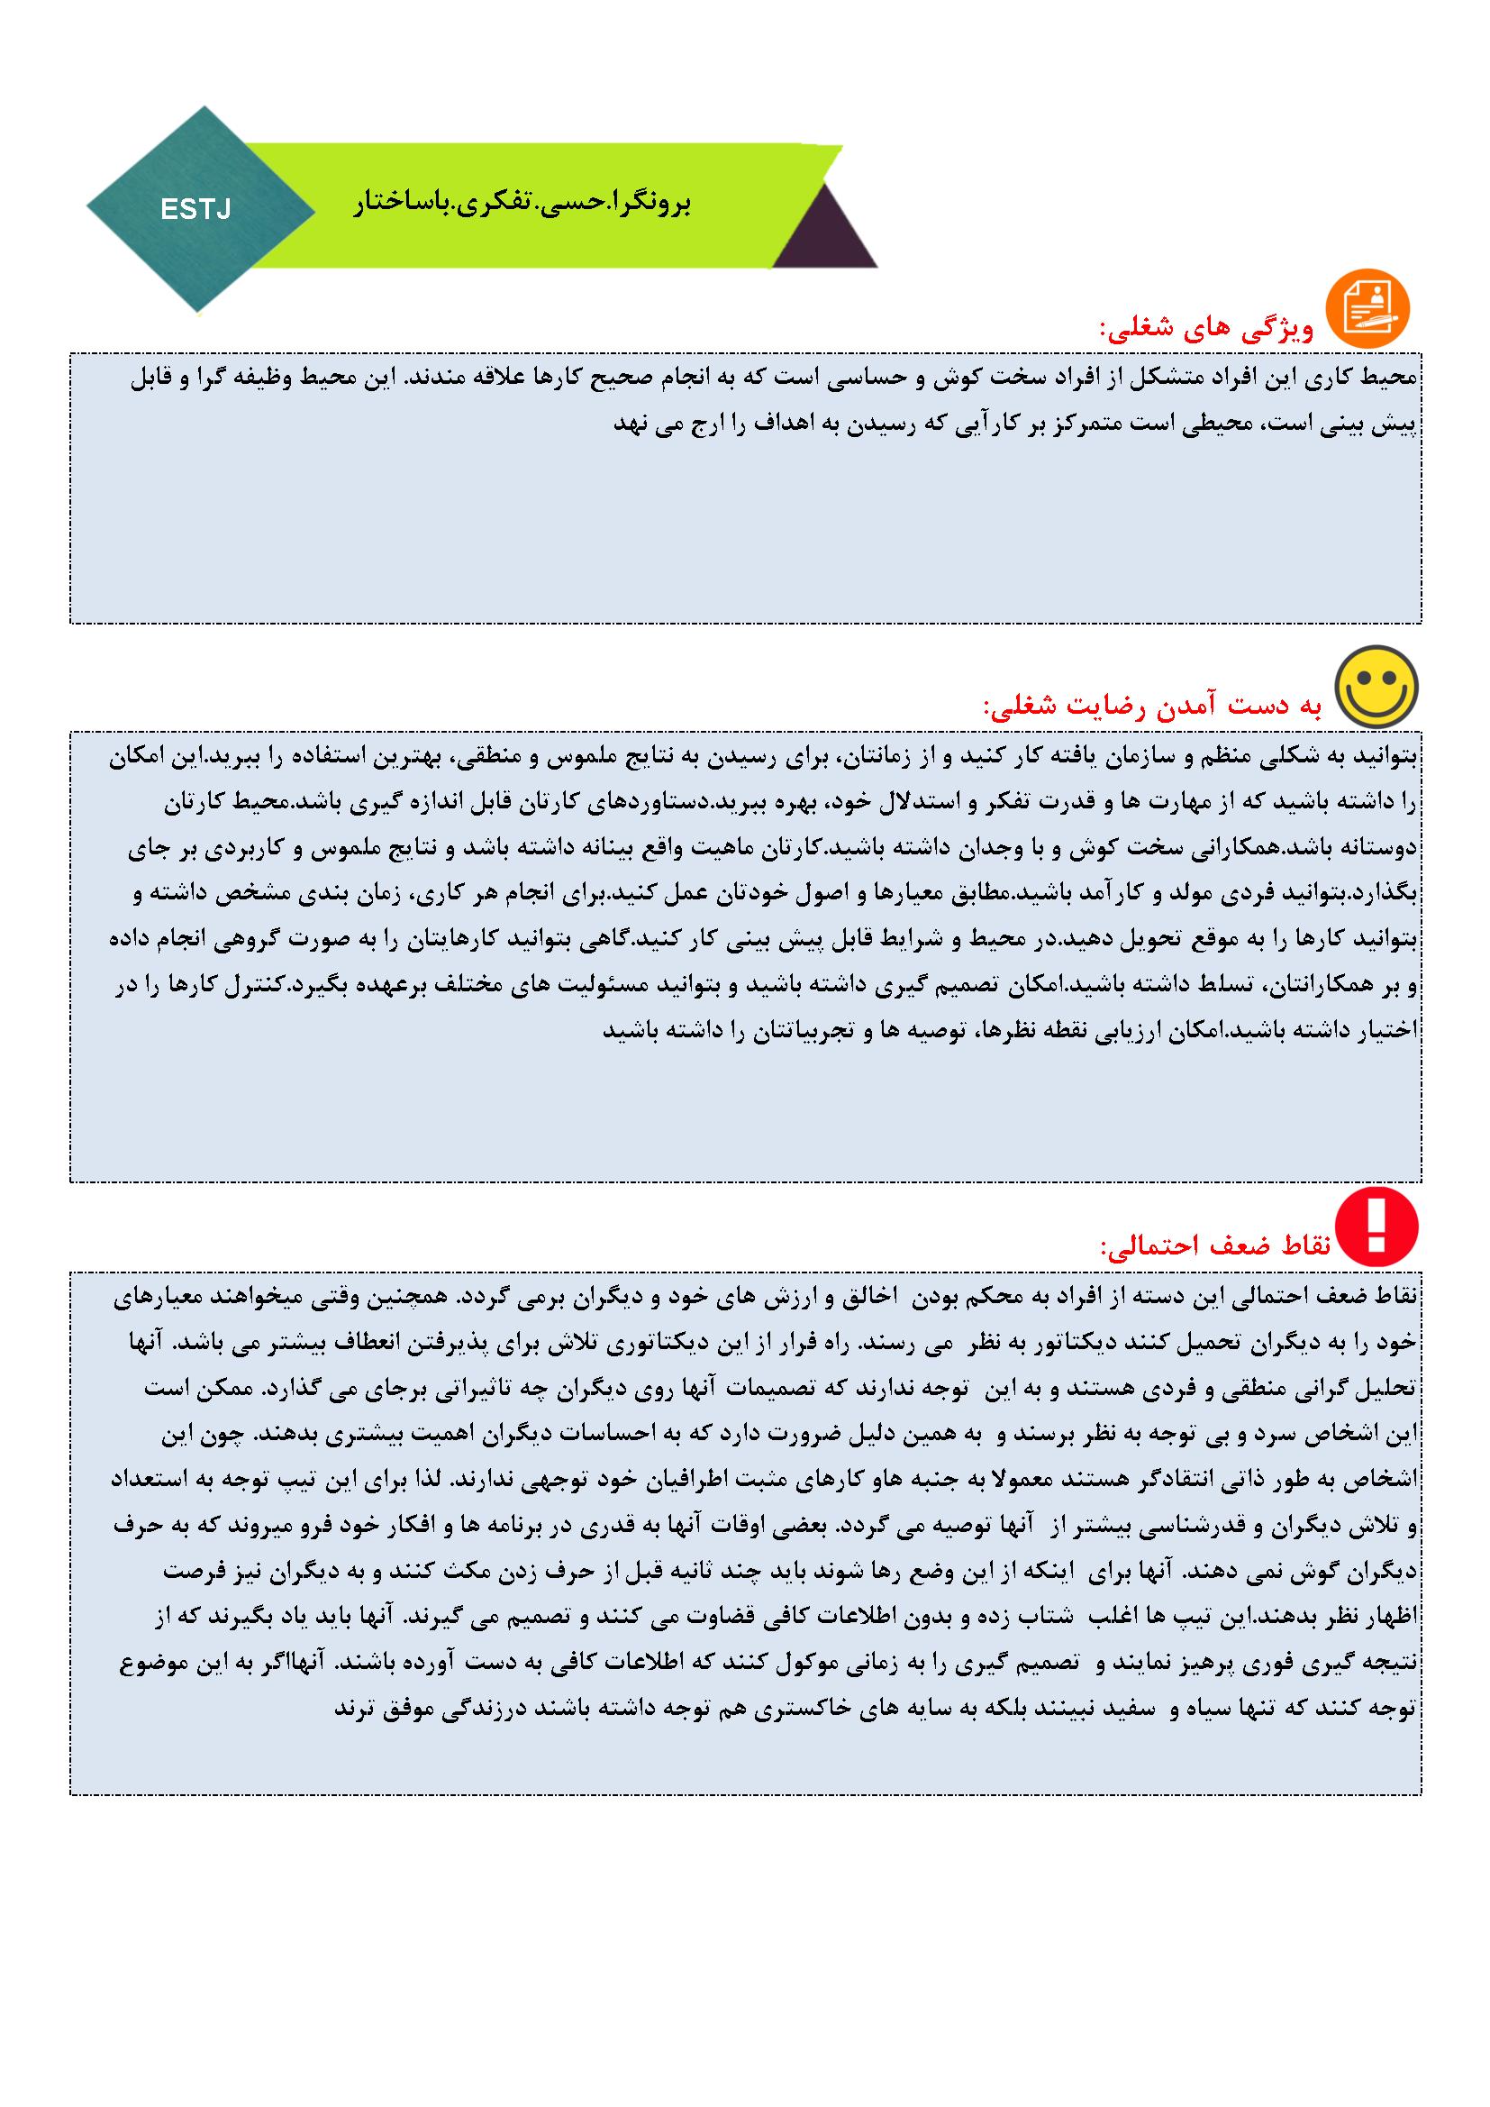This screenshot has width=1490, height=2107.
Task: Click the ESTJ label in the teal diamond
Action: coord(195,210)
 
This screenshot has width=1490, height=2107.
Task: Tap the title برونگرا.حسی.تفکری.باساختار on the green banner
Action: coord(522,203)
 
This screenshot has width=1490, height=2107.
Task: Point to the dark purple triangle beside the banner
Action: coord(824,233)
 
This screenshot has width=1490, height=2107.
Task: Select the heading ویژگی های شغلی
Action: coord(1206,329)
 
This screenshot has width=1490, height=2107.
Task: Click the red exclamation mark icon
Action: coord(1376,1227)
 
